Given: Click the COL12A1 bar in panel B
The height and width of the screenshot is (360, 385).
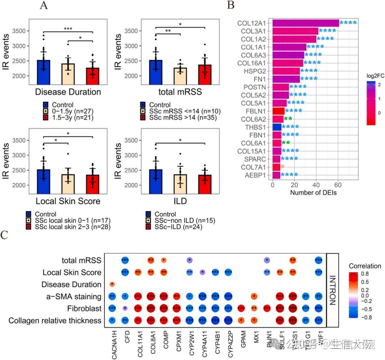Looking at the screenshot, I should coord(305,23).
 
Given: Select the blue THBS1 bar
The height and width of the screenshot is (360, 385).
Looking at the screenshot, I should coord(277,127).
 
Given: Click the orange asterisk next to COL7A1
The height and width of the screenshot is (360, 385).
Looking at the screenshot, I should coord(283,167).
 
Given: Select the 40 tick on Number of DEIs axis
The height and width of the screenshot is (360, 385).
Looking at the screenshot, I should coord(316,185).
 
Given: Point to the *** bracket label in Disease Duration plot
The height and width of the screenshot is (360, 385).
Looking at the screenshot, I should coord(68,29).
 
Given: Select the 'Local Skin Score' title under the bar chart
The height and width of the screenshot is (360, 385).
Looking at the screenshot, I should coord(68,201).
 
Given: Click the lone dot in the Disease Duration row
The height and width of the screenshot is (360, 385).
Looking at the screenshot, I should coord(112,284).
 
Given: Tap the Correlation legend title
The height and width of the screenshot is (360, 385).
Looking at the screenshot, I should coord(365,266).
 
